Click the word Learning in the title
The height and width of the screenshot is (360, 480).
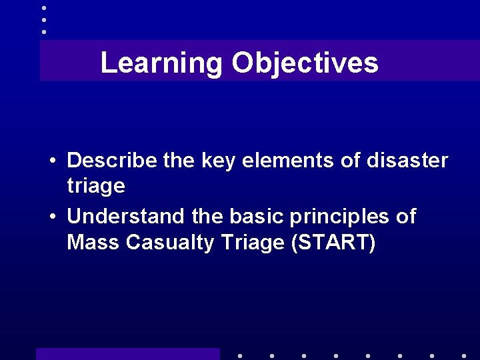(161, 64)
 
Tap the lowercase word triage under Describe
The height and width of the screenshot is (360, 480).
(96, 186)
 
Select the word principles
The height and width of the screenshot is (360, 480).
(342, 217)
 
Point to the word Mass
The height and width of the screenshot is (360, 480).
(93, 243)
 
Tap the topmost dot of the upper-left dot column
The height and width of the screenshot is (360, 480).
(44, 8)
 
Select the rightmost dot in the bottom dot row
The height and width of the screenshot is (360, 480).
(463, 356)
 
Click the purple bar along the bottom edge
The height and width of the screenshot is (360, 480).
(127, 354)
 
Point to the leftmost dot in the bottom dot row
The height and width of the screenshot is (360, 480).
(239, 356)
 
